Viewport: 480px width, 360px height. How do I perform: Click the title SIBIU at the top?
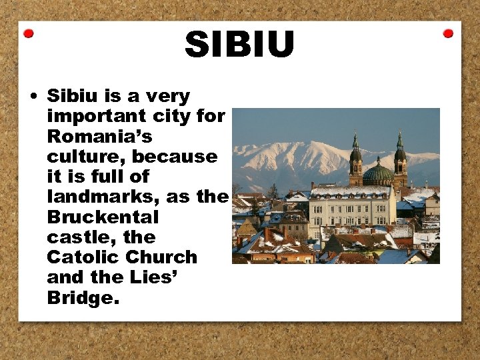(239, 45)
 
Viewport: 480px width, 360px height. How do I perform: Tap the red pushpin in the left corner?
(29, 33)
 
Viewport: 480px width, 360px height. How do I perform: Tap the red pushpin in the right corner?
(448, 33)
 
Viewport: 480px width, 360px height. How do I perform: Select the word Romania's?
(99, 137)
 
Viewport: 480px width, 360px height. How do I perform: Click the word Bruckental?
(103, 217)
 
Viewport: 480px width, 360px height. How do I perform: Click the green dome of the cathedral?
(378, 174)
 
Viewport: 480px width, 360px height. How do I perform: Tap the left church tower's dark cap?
(356, 154)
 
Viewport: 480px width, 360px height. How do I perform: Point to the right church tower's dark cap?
(400, 153)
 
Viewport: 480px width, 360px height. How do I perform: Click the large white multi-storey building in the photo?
(351, 209)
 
